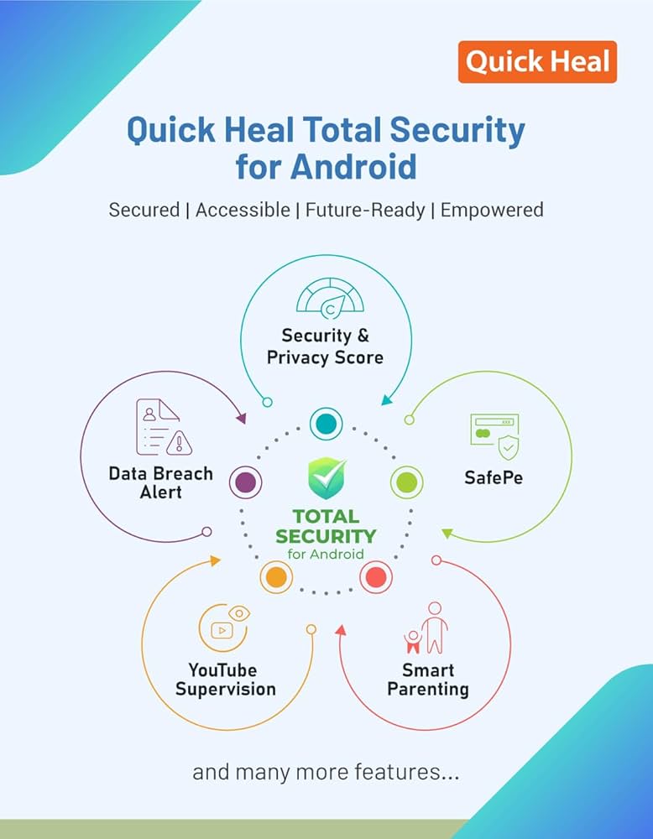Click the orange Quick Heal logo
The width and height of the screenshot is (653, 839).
pos(537,61)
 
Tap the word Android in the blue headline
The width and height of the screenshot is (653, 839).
pos(354,166)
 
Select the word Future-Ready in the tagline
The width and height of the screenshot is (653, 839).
pos(365,210)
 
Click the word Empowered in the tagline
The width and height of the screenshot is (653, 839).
pos(492,210)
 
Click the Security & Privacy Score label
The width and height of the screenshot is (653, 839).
pos(325,347)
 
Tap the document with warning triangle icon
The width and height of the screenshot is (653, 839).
pos(164,427)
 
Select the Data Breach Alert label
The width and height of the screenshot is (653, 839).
pos(160,482)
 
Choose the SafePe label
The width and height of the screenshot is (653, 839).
pos(494,477)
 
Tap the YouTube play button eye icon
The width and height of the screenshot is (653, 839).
pos(224,627)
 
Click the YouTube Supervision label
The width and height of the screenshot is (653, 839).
pos(225,680)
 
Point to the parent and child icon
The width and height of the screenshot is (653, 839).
pos(426,628)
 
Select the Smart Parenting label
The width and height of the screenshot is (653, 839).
pos(428,680)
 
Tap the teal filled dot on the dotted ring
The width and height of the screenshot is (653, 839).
pos(326,424)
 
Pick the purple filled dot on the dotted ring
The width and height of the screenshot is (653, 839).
pos(246,482)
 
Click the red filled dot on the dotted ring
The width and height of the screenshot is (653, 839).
pos(376,577)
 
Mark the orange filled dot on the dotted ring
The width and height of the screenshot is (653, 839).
pos(276,577)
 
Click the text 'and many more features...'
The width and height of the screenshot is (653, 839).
pos(326,772)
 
